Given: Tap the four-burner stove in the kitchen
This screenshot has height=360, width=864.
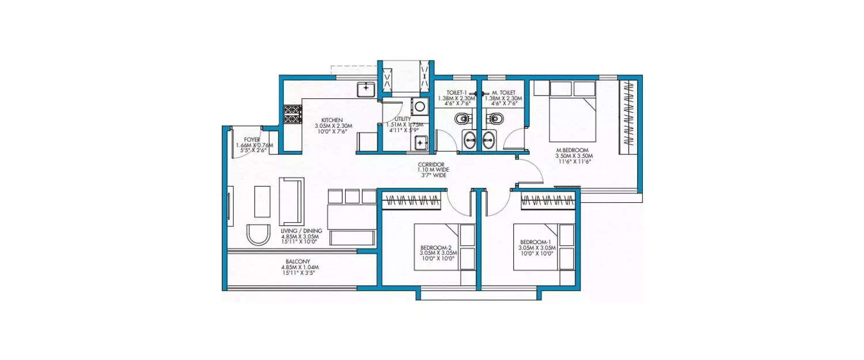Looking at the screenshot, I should click(x=292, y=114).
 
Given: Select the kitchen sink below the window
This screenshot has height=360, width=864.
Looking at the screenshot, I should click(x=366, y=89).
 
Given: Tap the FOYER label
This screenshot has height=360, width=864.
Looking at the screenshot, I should click(x=251, y=139).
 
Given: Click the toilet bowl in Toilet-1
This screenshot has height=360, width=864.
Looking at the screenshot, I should click(x=462, y=120).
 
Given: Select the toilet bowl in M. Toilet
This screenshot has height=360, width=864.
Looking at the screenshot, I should click(x=495, y=120).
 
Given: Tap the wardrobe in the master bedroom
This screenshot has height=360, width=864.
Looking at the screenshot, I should click(x=628, y=116).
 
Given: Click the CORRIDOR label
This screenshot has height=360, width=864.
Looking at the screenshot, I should click(x=432, y=164).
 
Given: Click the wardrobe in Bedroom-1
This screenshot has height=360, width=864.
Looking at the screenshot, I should click(x=548, y=200).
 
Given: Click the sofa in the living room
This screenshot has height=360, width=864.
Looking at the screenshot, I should click(x=292, y=201).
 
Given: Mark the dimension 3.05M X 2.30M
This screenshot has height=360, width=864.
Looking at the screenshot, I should click(x=333, y=126).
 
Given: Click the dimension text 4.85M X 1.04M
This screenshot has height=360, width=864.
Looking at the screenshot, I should click(x=300, y=267).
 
